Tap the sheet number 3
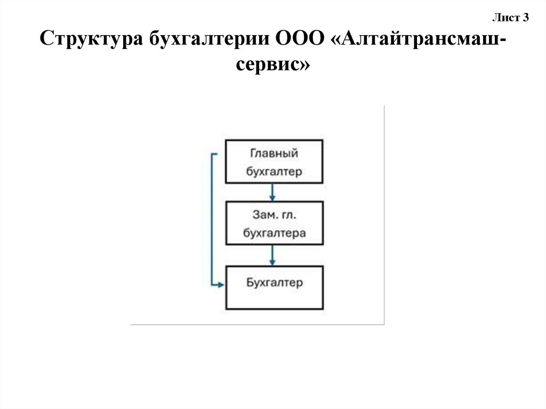(525, 18)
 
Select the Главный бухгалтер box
(274, 162)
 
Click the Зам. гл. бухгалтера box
(274, 223)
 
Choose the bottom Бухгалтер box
(274, 287)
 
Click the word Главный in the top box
(274, 154)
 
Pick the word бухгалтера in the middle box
(274, 233)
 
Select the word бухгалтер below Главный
(274, 171)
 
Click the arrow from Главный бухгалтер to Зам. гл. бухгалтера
(272, 191)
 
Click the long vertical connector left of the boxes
(212, 219)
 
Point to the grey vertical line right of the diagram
(384, 213)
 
